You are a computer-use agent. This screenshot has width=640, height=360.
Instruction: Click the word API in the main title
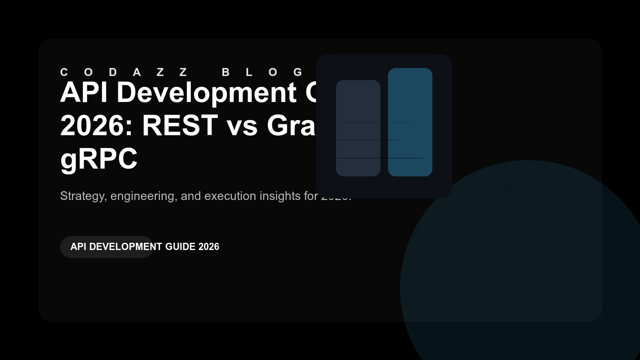point(84,92)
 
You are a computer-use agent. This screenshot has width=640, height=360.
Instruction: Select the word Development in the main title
point(206,92)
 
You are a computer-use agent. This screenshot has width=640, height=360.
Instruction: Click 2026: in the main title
point(96,126)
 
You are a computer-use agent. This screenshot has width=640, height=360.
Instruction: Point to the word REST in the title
point(180,126)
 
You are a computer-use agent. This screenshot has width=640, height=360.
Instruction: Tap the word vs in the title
point(242,126)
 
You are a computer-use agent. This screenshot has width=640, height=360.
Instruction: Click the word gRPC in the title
point(99,159)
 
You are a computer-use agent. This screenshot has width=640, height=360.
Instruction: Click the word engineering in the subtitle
point(144,196)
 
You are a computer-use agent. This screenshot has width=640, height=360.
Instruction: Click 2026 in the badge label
point(209,247)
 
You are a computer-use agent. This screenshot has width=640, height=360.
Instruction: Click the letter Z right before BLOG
point(183,72)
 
